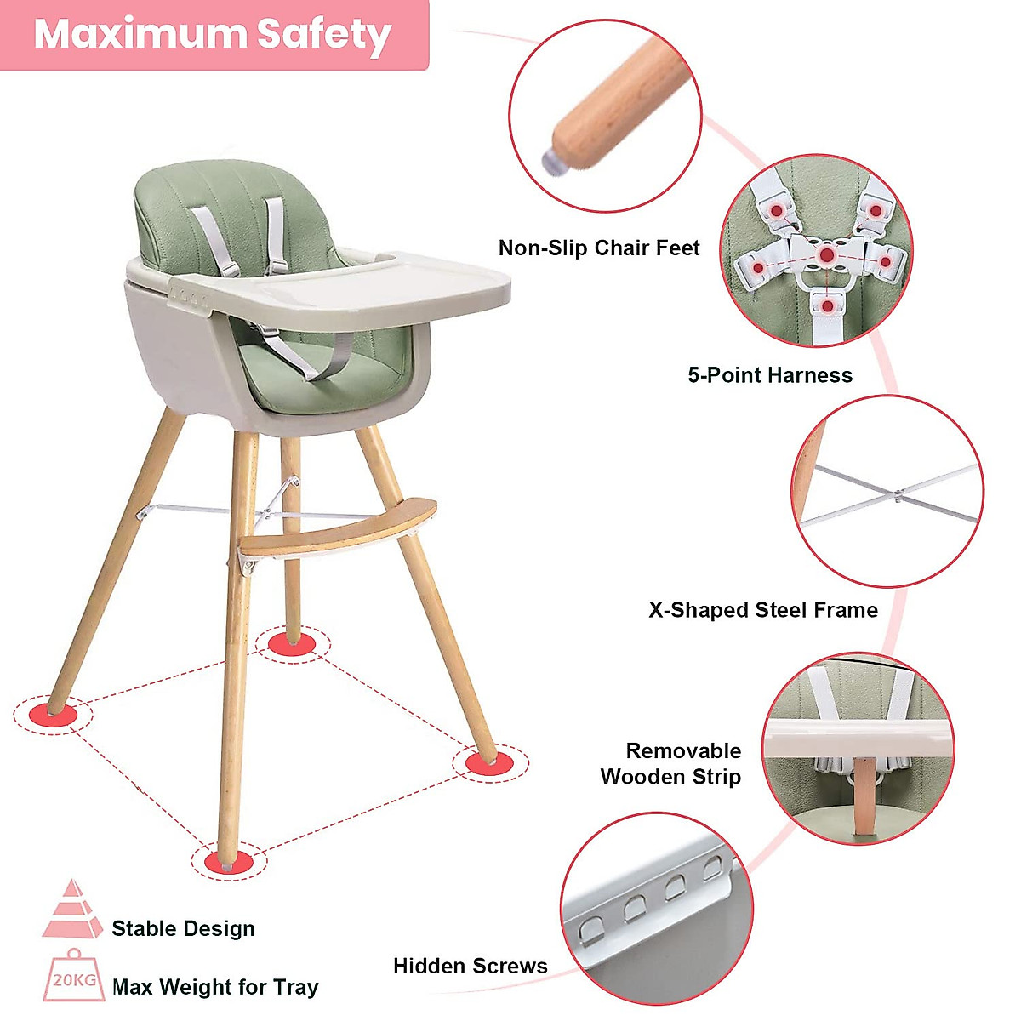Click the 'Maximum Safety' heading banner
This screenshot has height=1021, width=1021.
213,34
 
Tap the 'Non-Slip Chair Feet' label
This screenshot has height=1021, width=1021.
599,248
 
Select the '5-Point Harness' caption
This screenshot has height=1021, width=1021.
769,375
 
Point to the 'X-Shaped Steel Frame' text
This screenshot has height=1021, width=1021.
762,610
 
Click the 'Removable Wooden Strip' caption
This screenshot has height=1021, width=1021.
670,763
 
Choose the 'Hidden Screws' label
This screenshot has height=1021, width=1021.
470,966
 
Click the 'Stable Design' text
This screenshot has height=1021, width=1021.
183,928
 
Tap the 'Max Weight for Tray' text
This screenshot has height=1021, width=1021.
215,987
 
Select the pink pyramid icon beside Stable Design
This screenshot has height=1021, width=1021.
73,910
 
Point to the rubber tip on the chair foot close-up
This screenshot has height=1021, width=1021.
556,157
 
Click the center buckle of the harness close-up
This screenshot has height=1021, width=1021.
826,254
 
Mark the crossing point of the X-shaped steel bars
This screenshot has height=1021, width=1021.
898,493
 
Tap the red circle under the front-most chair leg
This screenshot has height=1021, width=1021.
229,860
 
